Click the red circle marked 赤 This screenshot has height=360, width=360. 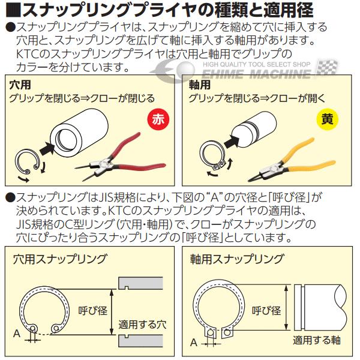click(158, 119)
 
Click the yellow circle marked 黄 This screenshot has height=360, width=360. click(326, 119)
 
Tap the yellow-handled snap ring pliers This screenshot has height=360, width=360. click(294, 158)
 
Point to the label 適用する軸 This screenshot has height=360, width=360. click(316, 340)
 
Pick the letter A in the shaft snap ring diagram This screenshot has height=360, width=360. click(193, 343)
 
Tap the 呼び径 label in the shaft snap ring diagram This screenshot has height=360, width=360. click(266, 311)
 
